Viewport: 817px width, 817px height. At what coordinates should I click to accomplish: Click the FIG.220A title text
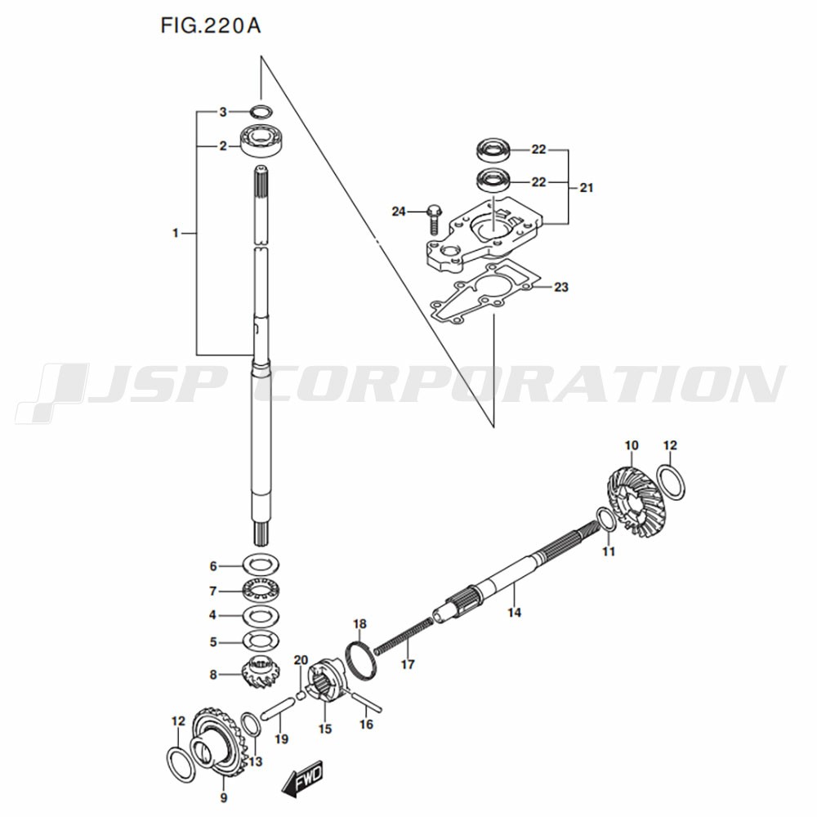pyautogui.click(x=211, y=27)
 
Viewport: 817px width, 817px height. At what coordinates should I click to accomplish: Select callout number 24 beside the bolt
pyautogui.click(x=399, y=212)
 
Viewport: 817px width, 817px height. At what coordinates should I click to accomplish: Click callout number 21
pyautogui.click(x=587, y=188)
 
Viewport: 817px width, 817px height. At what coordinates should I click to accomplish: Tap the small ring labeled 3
pyautogui.click(x=261, y=111)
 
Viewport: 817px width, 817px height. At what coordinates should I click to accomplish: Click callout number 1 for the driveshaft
pyautogui.click(x=175, y=234)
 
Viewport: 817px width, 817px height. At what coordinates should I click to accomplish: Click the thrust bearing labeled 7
pyautogui.click(x=261, y=590)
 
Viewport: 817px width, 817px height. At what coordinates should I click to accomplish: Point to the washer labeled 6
pyautogui.click(x=261, y=565)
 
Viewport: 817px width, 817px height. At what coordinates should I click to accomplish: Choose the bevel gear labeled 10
pyautogui.click(x=638, y=499)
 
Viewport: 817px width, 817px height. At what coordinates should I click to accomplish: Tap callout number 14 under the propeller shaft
pyautogui.click(x=513, y=611)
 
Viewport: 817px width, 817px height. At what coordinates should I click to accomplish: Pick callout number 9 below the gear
pyautogui.click(x=224, y=797)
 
